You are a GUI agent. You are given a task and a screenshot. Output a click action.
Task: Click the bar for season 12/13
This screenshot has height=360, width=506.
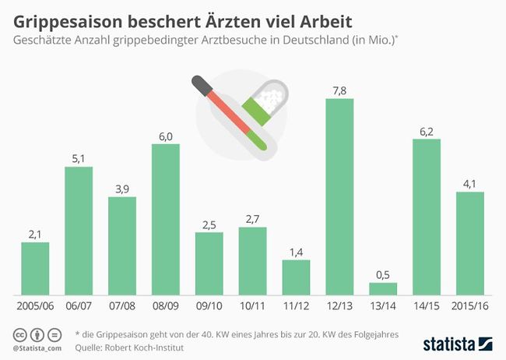click(339, 195)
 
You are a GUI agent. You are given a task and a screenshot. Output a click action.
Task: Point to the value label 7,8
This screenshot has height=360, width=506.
click(339, 90)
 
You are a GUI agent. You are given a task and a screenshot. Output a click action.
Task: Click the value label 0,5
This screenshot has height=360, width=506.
click(383, 274)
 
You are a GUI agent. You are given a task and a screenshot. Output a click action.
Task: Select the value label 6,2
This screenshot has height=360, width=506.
click(426, 131)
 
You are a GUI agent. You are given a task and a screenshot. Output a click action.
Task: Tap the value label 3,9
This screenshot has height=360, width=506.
click(121, 188)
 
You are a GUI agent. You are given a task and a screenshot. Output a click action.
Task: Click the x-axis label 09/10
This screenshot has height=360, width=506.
click(209, 307)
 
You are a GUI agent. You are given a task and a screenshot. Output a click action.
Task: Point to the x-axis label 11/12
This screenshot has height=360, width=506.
click(296, 307)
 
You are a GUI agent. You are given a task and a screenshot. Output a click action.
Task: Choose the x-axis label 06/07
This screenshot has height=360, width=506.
click(79, 307)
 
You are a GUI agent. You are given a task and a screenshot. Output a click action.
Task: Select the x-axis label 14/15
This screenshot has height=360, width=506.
click(426, 307)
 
